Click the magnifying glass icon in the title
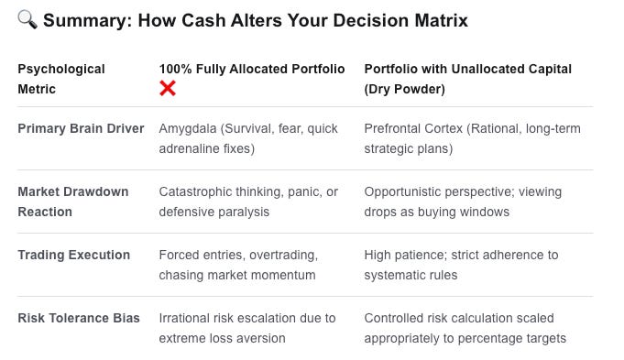27,19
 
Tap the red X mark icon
168,88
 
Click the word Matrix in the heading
441,20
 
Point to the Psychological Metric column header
61,79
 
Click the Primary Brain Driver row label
81,128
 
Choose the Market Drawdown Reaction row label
73,202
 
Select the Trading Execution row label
74,255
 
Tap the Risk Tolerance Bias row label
79,318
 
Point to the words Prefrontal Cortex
413,128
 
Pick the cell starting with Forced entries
238,265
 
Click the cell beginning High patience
461,265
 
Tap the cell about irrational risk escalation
247,328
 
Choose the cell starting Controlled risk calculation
465,328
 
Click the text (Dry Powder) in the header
405,89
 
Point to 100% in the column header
176,69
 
